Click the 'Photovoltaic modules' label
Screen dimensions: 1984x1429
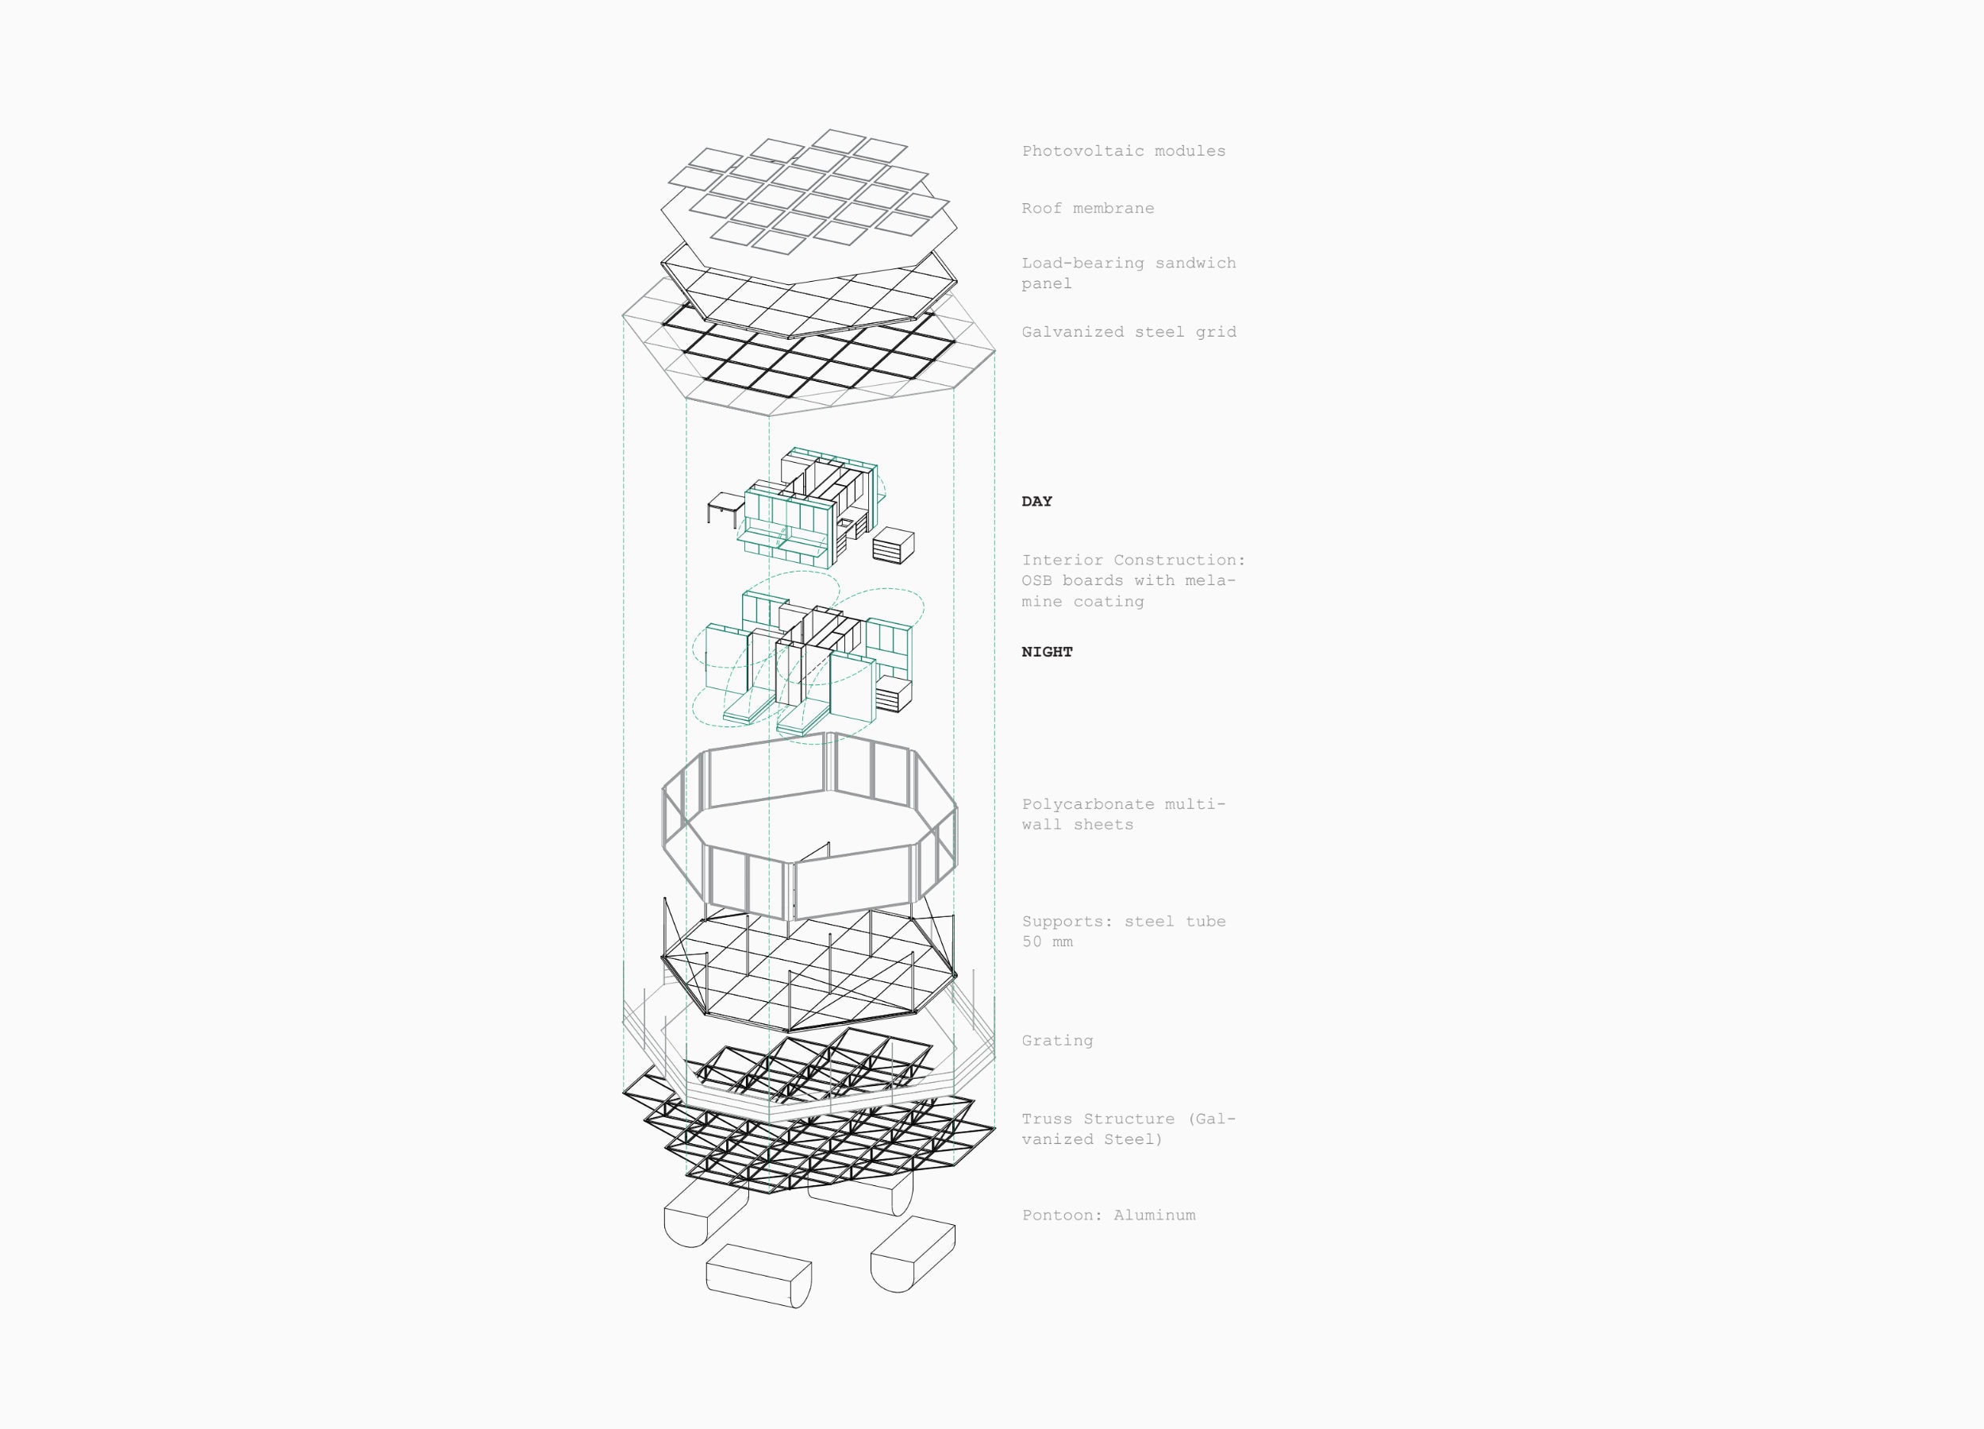1123,151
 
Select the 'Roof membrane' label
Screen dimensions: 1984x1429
1087,208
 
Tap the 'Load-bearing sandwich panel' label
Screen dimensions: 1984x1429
1128,273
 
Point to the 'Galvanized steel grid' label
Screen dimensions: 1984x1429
1128,332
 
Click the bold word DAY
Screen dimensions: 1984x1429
1036,502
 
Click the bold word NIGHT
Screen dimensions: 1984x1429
1047,652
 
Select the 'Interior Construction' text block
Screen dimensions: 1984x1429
1132,580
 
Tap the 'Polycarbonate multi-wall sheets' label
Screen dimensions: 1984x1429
1123,814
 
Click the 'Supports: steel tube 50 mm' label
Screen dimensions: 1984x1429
1123,931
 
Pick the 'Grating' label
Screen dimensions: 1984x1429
1057,1041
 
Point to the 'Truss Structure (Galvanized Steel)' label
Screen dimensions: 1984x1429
1128,1129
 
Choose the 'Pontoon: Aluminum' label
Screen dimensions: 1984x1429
1109,1215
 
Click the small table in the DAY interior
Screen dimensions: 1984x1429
726,510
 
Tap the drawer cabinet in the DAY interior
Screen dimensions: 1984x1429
893,545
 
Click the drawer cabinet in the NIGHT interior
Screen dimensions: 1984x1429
893,693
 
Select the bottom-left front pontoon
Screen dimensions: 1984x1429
759,1276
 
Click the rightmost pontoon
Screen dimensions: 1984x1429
913,1254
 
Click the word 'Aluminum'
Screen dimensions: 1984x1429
1154,1215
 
